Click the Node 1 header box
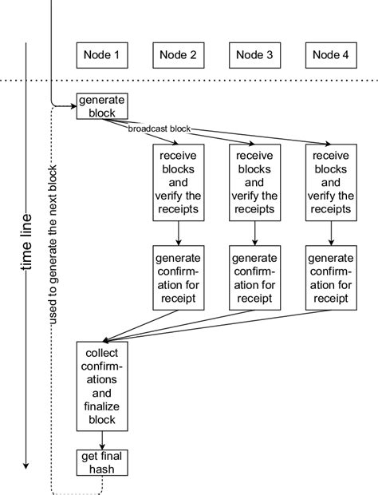pyautogui.click(x=101, y=55)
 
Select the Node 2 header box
pyautogui.click(x=178, y=55)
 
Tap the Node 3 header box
pyautogui.click(x=254, y=55)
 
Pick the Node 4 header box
pyautogui.click(x=331, y=55)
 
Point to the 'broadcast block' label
pyautogui.click(x=158, y=128)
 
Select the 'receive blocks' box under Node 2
pyautogui.click(x=178, y=183)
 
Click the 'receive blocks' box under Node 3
pyautogui.click(x=254, y=183)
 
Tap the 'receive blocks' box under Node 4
pyautogui.click(x=331, y=183)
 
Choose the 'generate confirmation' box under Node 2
pyautogui.click(x=178, y=279)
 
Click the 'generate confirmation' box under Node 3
pyautogui.click(x=254, y=279)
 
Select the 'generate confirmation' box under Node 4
pyautogui.click(x=331, y=279)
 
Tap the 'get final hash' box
pyautogui.click(x=101, y=462)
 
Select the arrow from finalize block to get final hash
pyautogui.click(x=101, y=439)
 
